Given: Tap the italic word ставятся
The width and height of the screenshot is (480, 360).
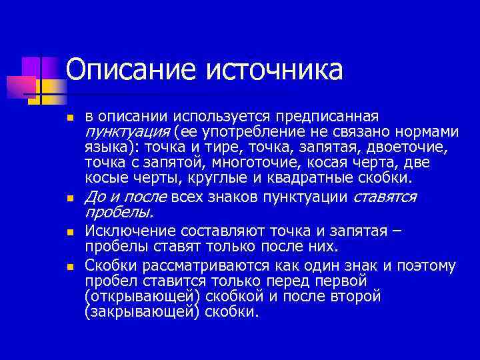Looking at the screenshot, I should point(385,197).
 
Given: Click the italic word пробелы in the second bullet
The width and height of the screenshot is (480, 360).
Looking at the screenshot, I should point(119,213).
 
